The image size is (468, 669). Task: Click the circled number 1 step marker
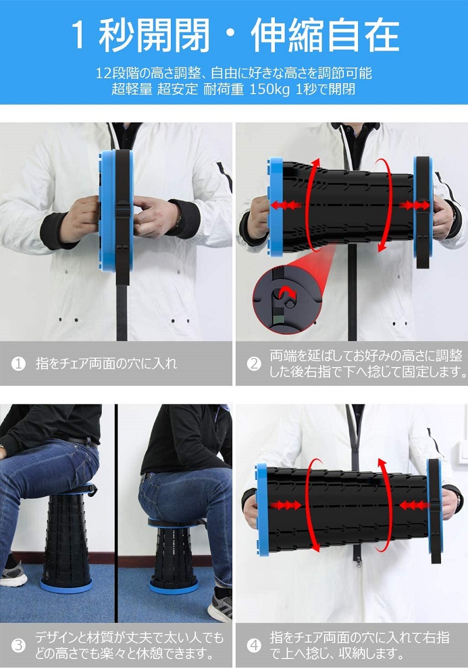coord(18,363)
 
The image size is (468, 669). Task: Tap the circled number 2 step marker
coord(254,363)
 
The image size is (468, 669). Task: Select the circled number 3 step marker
coord(18,645)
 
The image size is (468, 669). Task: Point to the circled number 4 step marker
coord(254,645)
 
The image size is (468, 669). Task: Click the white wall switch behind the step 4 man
coord(463,453)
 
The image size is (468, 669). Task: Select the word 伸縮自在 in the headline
coord(325,36)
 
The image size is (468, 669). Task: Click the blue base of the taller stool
coord(66,585)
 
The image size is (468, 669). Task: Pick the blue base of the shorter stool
coord(174,586)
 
